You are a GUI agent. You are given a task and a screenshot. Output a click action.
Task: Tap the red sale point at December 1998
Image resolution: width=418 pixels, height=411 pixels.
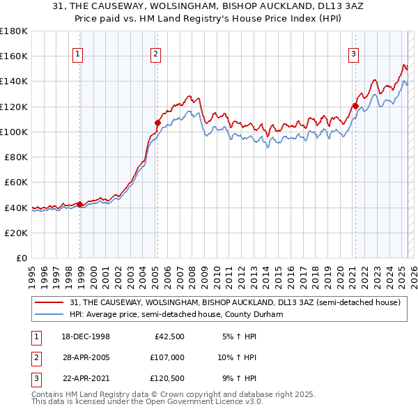[x=80, y=204]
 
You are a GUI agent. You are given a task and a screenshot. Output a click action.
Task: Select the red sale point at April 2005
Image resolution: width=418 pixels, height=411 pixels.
[x=158, y=123]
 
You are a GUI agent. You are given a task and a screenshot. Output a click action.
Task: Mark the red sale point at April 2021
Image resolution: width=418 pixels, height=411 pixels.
[x=355, y=106]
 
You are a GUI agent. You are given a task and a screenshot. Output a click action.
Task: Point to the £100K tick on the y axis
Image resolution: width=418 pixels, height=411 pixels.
[x=14, y=132]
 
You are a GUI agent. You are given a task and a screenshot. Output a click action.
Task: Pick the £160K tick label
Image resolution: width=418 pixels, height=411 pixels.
[x=14, y=56]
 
